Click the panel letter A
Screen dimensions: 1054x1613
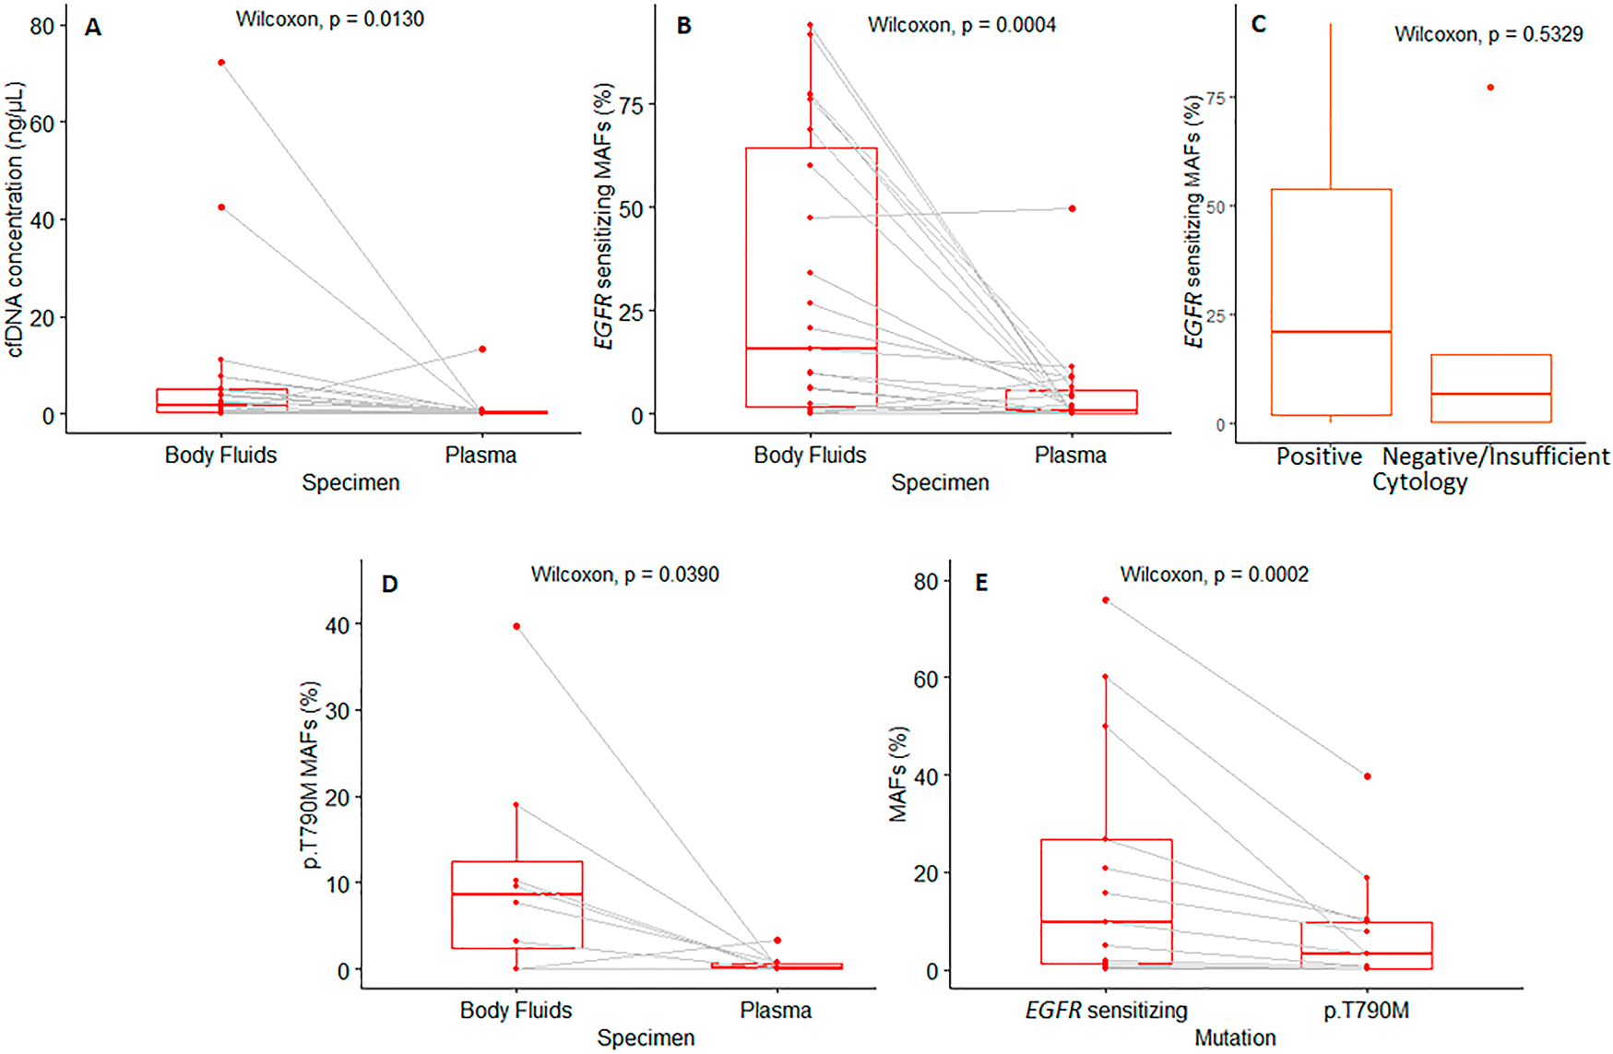pos(92,28)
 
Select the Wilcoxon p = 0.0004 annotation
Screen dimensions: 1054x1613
pos(961,25)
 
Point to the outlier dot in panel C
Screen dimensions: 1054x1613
pos(1490,88)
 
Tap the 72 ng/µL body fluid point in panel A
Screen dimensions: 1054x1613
pos(221,63)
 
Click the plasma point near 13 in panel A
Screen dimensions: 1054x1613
pos(481,349)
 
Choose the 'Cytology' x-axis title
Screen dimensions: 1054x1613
pos(1419,482)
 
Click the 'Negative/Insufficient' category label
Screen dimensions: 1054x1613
pos(1495,456)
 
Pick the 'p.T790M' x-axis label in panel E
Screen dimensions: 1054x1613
pos(1366,1011)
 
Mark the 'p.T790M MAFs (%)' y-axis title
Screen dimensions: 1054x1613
pos(311,775)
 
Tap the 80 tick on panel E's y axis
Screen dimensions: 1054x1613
pos(925,582)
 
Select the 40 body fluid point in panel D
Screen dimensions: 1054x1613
pos(516,627)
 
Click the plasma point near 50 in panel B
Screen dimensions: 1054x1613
pos(1072,209)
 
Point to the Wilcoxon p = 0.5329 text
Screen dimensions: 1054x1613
pos(1488,35)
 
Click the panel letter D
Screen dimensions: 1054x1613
pos(389,585)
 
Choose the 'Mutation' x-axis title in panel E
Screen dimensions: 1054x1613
pos(1235,1038)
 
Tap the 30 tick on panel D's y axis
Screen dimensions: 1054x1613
pos(338,711)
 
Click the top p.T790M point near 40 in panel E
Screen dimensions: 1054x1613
pos(1367,776)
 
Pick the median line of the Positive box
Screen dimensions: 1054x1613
pos(1331,332)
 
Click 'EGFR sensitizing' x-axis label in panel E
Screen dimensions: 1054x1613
pos(1106,1011)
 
